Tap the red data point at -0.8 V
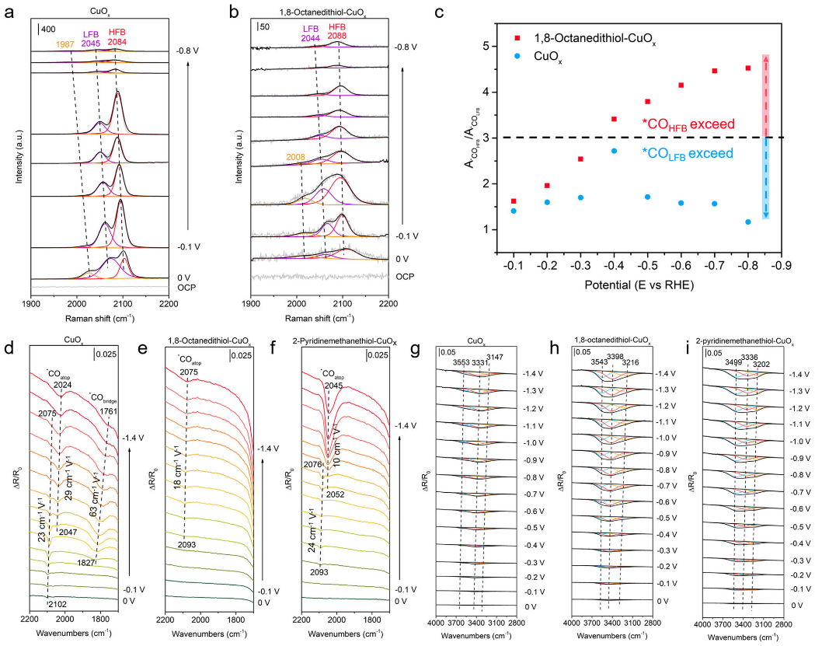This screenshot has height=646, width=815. [x=747, y=68]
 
